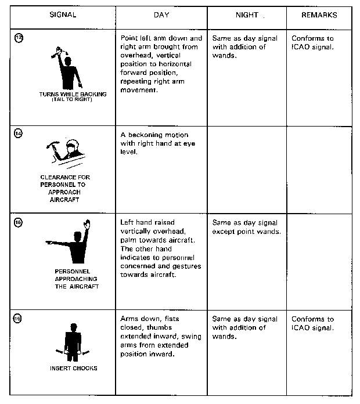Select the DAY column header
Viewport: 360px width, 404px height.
[161, 14]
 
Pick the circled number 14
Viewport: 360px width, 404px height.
[18, 134]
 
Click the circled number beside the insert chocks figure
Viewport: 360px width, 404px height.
[18, 319]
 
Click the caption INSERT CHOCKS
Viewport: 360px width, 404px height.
[73, 368]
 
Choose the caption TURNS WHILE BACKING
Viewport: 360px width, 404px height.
[73, 94]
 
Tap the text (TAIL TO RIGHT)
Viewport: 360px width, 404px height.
[73, 99]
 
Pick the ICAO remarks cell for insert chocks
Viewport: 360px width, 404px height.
[313, 323]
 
